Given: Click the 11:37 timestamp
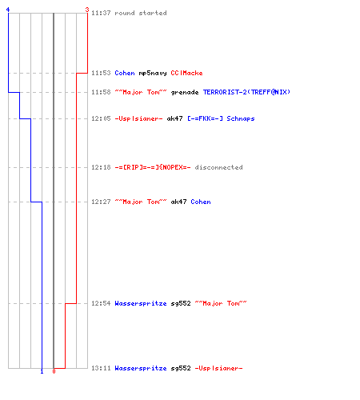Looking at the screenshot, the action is click(101, 13).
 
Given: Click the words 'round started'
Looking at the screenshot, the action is click(141, 13).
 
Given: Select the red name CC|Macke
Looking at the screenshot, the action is click(186, 73).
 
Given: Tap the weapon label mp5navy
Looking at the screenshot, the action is click(153, 74).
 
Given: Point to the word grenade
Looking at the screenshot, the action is click(185, 93).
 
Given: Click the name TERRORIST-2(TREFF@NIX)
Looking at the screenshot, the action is click(246, 92).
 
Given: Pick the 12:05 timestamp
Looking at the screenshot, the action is click(101, 118).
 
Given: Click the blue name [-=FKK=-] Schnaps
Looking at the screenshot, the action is click(221, 118).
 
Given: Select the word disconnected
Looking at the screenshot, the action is click(218, 167).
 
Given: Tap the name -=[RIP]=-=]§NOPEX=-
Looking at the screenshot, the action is click(153, 167).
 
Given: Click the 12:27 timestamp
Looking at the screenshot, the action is click(101, 202).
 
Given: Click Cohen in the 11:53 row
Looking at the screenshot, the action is click(125, 73).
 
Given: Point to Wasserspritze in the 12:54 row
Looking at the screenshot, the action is click(141, 303).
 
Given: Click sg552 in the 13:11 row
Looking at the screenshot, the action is click(181, 369).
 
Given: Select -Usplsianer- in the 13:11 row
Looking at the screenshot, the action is click(218, 368).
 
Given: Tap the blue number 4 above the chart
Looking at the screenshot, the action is click(8, 10).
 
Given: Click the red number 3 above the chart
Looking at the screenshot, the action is click(87, 10).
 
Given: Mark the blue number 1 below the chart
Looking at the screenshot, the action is click(42, 371).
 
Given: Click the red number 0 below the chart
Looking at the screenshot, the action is click(54, 371).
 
